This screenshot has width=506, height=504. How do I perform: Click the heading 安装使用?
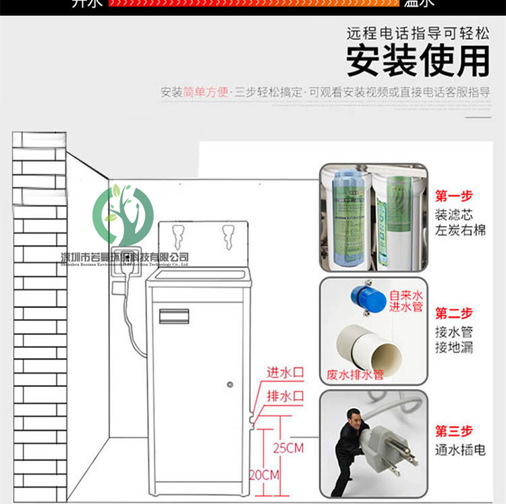pos(418,61)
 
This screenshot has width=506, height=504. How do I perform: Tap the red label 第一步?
pos(454,196)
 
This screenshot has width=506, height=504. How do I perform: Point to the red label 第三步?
pos(454,431)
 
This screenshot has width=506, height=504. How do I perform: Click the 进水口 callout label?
pos(285,372)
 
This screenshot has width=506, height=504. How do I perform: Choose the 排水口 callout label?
pos(285,395)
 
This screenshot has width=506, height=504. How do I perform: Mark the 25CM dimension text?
pos(289,448)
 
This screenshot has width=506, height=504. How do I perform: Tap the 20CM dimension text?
pos(264,475)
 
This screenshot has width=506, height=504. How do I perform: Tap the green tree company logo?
pos(123,216)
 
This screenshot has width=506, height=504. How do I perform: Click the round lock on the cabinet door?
pos(231,384)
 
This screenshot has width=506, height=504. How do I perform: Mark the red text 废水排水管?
pos(355,374)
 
